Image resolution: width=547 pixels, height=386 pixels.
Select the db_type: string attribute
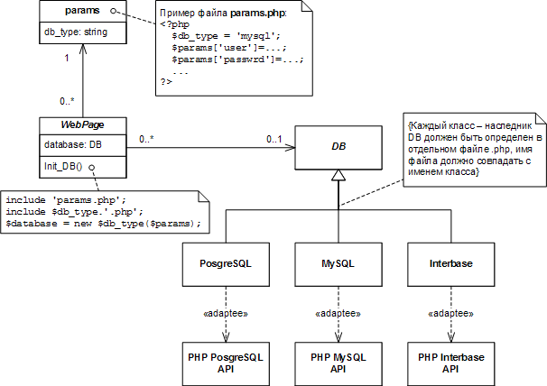click(74, 32)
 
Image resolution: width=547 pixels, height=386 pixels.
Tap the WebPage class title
click(82, 124)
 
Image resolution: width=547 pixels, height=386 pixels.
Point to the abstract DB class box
click(338, 144)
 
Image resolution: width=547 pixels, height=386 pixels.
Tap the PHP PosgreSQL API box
click(225, 363)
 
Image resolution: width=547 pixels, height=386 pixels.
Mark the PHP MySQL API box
click(338, 363)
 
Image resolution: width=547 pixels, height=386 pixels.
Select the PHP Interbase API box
click(450, 363)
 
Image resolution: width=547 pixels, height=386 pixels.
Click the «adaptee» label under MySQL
click(338, 313)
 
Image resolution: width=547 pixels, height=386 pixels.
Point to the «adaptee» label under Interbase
click(450, 313)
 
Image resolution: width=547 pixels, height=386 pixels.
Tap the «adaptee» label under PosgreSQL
click(225, 313)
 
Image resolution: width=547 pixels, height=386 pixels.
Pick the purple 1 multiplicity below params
click(65, 59)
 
